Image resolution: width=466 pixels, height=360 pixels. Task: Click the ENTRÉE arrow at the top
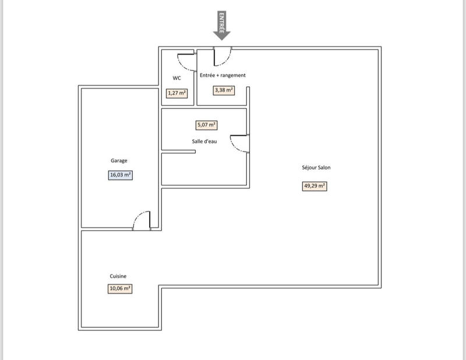point(221,26)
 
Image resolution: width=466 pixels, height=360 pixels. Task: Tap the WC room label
point(176,78)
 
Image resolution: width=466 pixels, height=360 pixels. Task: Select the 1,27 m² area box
point(176,93)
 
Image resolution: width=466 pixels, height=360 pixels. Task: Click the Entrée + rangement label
point(223,75)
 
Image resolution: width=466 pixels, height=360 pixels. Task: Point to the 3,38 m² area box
point(224,90)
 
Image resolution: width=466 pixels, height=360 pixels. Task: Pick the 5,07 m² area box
point(206,125)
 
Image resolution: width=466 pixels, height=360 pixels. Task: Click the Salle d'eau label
point(204,142)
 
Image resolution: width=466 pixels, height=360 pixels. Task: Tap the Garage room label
point(119,161)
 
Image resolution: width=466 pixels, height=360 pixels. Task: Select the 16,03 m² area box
point(120,175)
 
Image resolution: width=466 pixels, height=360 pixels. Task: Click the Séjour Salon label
point(317,167)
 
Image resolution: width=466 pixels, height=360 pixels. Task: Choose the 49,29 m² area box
point(315,186)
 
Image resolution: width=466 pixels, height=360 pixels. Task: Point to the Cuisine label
point(118,276)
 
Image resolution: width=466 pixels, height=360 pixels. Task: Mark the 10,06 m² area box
point(119,288)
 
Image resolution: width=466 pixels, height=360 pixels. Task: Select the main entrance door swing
point(223,57)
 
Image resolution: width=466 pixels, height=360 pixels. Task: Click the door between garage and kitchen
point(143,220)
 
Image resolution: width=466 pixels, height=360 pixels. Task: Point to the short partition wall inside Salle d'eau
point(178,153)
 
